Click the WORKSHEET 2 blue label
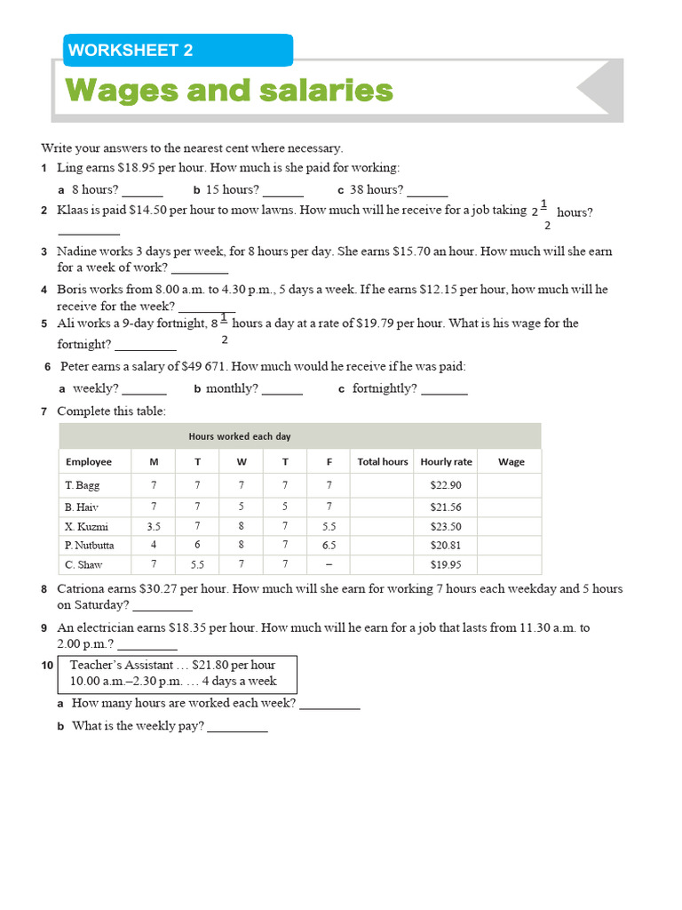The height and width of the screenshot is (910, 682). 178,51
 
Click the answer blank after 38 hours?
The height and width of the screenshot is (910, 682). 427,190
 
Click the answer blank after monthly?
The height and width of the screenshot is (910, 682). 282,389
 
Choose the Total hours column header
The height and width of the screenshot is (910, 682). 383,462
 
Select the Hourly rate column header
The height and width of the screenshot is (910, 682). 446,462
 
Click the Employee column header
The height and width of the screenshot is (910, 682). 89,462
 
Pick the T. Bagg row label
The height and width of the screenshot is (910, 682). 83,485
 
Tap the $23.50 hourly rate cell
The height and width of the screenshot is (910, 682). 446,526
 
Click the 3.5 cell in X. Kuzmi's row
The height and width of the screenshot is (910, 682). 154,526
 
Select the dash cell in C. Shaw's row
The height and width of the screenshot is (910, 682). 329,565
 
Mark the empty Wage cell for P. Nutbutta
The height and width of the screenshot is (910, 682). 511,546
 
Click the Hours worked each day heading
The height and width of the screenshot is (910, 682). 240,436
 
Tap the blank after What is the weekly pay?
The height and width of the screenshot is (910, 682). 237,727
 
